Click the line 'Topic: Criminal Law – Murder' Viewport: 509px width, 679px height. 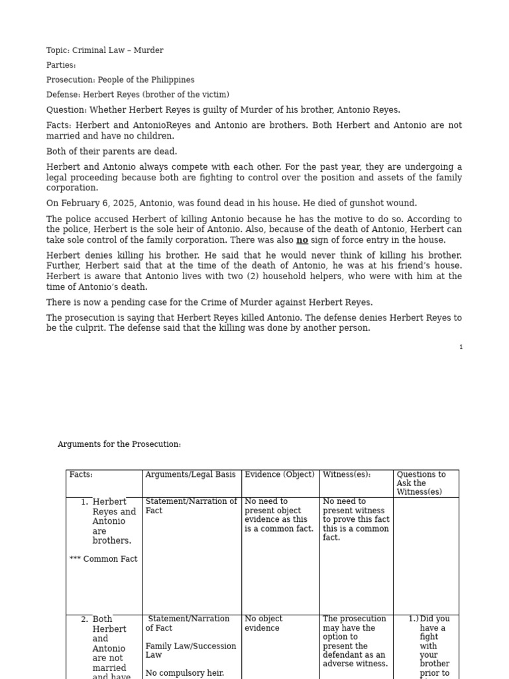tap(105, 50)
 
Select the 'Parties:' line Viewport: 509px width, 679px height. tap(61, 65)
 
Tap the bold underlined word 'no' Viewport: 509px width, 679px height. tap(302, 240)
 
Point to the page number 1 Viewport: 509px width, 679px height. tap(461, 347)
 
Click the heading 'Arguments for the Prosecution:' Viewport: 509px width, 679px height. tap(119, 444)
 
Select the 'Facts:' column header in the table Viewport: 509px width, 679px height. tap(81, 475)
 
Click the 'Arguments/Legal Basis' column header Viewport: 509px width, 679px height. tap(190, 475)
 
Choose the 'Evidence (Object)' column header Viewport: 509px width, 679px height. tap(279, 475)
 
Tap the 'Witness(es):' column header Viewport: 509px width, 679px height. tap(347, 475)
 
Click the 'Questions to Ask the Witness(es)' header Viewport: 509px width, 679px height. tap(421, 483)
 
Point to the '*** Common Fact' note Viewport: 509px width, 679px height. tap(103, 559)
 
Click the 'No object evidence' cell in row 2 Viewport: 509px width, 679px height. tap(263, 623)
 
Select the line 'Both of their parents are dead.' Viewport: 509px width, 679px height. tap(111, 152)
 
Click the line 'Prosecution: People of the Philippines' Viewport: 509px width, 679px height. tap(120, 80)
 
